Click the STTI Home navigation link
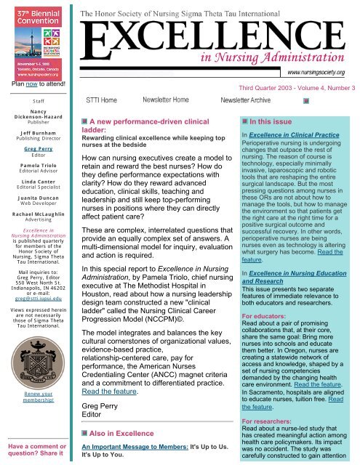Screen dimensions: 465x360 click(x=102, y=99)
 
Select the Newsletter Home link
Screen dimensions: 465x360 click(x=167, y=99)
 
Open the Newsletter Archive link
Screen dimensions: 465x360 click(x=254, y=99)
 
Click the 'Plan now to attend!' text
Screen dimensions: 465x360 click(x=34, y=84)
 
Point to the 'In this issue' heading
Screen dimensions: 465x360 click(x=270, y=123)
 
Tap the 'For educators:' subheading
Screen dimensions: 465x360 click(x=267, y=296)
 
